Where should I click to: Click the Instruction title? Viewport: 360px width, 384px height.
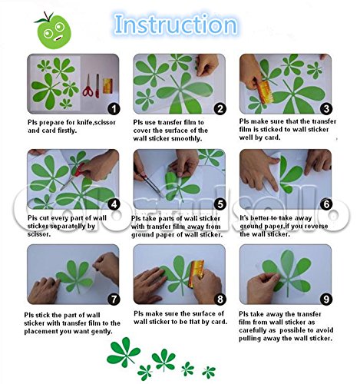(x=176, y=25)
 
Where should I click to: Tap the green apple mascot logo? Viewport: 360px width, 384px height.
(x=53, y=31)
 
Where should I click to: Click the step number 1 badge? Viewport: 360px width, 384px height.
(x=114, y=109)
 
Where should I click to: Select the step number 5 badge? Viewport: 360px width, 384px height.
(x=220, y=204)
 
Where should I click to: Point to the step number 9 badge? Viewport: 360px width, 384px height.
(x=326, y=300)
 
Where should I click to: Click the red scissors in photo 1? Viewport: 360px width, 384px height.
(x=88, y=86)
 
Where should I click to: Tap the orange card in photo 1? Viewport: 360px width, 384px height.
(x=107, y=86)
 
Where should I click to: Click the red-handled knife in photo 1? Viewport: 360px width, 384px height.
(x=97, y=86)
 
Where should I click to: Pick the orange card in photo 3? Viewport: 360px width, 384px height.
(x=263, y=91)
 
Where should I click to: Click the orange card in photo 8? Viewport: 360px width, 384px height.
(x=197, y=271)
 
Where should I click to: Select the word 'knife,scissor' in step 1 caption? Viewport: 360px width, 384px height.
(x=96, y=123)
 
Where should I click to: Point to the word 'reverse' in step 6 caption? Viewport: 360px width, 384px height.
(x=315, y=227)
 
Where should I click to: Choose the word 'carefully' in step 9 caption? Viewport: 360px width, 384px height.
(x=253, y=330)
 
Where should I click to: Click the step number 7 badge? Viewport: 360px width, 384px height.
(x=114, y=300)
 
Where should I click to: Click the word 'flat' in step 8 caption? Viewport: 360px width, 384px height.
(x=197, y=322)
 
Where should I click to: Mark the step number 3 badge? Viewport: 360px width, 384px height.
(x=326, y=109)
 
